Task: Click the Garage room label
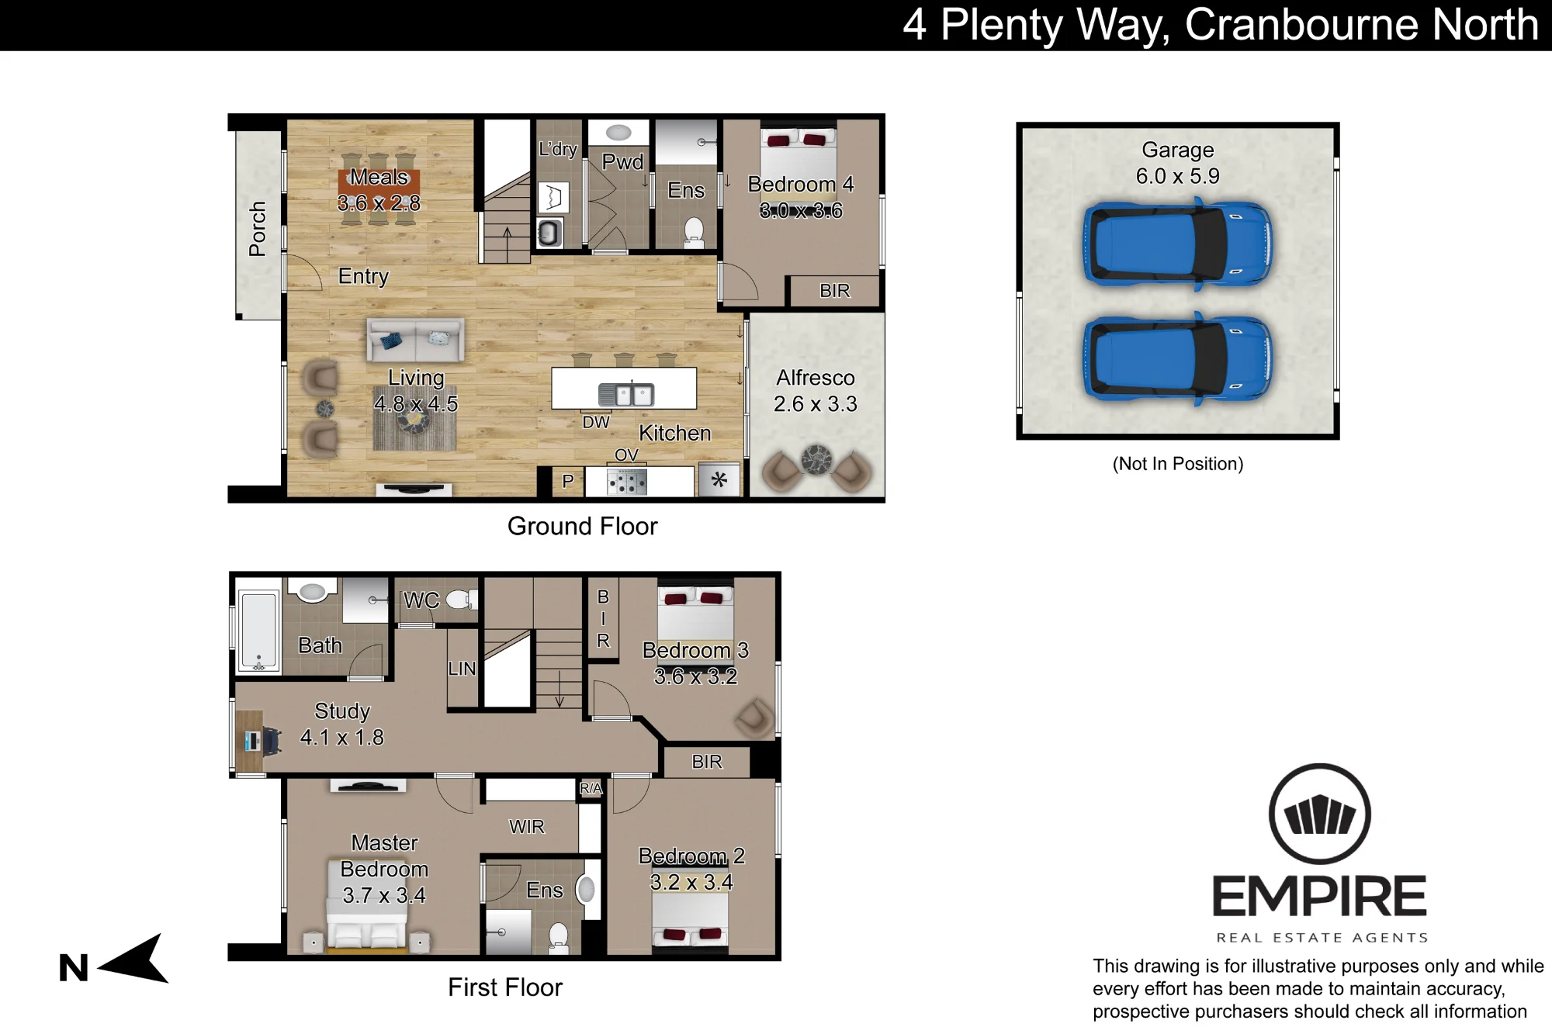[x=1177, y=150]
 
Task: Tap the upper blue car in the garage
[x=1176, y=244]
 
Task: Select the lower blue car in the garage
[x=1176, y=358]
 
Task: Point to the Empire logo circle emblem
[x=1319, y=814]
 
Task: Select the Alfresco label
[x=816, y=378]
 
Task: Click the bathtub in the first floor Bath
[x=258, y=631]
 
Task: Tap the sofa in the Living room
[x=416, y=340]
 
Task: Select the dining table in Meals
[x=379, y=190]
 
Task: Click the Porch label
[x=257, y=229]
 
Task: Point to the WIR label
[x=527, y=827]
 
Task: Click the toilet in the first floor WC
[x=462, y=598]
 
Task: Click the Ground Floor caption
[x=582, y=526]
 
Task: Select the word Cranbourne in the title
[x=1303, y=25]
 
